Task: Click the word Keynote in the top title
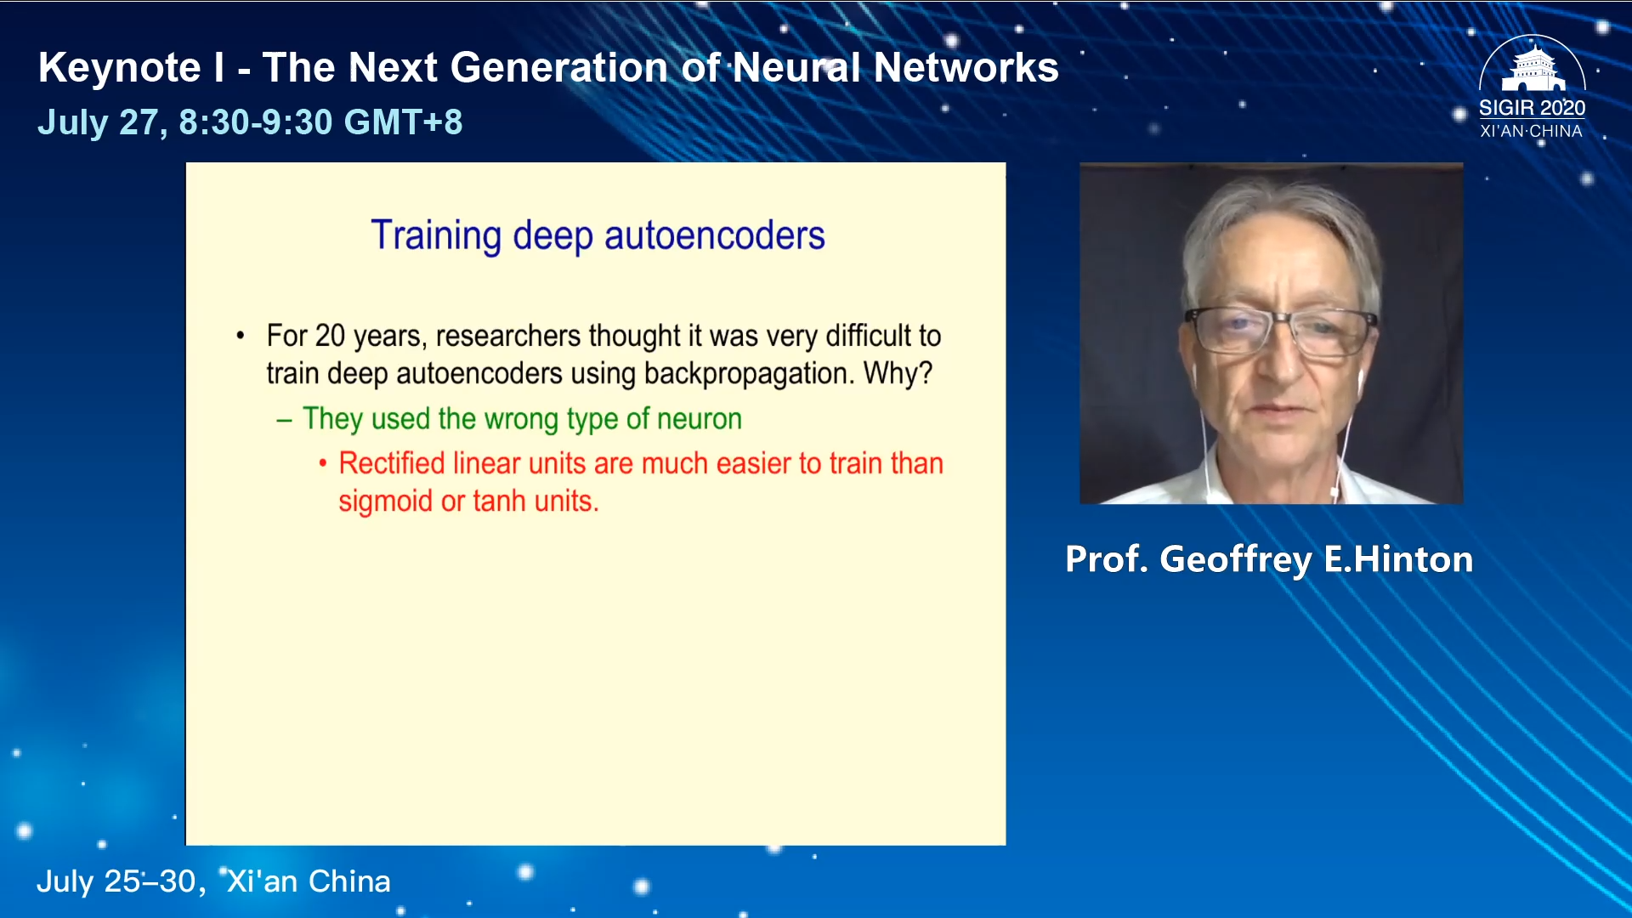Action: click(x=120, y=67)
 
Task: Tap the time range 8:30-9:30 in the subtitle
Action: click(x=256, y=122)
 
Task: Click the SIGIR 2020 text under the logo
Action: click(x=1532, y=108)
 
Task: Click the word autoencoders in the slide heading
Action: click(x=714, y=235)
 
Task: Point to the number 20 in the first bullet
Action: click(x=330, y=336)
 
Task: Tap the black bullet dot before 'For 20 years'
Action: click(x=241, y=336)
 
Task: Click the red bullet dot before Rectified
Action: click(x=323, y=463)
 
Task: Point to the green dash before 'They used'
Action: click(x=284, y=419)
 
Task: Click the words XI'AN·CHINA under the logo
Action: click(x=1531, y=131)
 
